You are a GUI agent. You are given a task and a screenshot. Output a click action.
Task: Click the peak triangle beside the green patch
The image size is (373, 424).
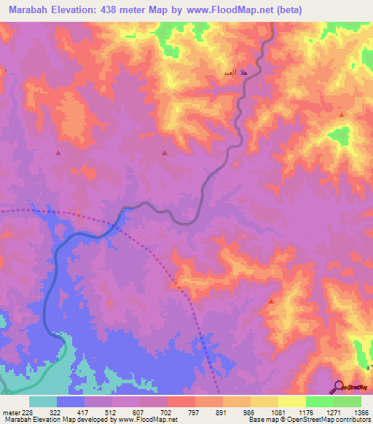341,115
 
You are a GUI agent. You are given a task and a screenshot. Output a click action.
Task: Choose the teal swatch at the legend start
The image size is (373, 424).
43,401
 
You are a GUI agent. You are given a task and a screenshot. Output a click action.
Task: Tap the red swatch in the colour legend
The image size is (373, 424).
181,401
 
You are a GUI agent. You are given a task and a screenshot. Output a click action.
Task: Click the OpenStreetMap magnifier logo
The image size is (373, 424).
338,386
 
